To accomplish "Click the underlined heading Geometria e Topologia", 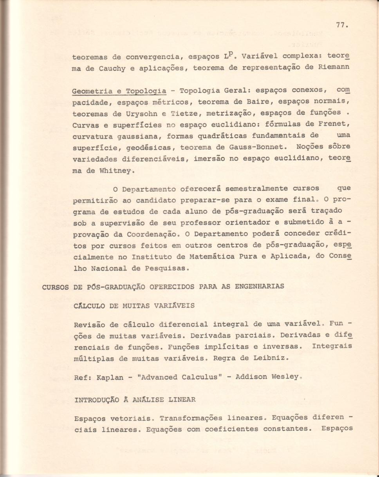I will point(119,91).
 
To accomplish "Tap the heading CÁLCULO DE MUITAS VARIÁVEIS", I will point(134,306).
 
